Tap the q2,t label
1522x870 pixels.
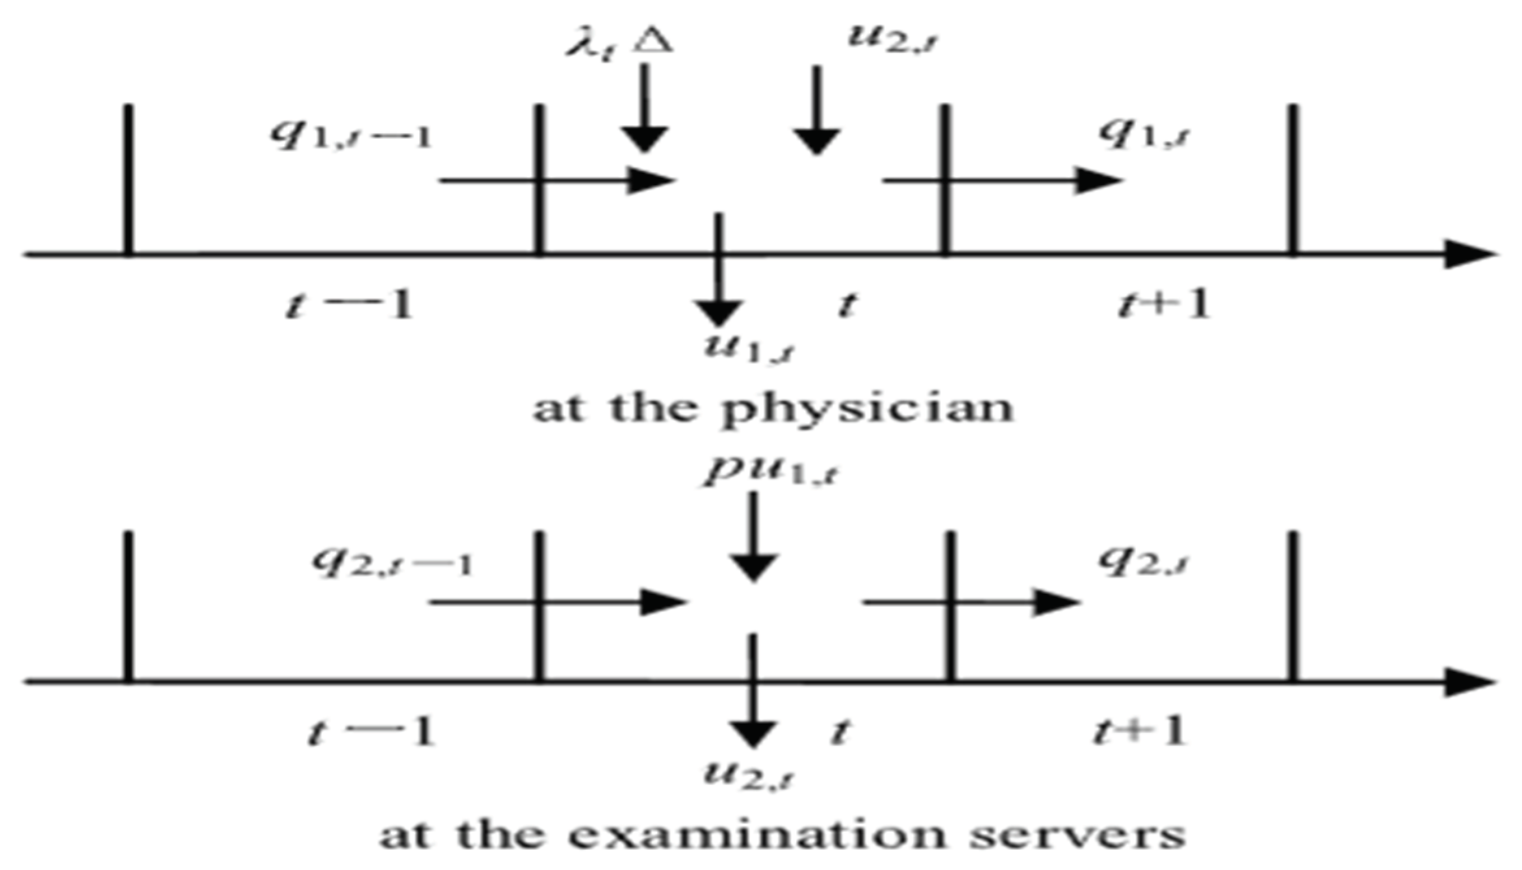click(1144, 561)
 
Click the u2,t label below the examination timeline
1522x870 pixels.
click(751, 773)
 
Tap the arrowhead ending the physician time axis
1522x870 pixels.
click(1472, 253)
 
